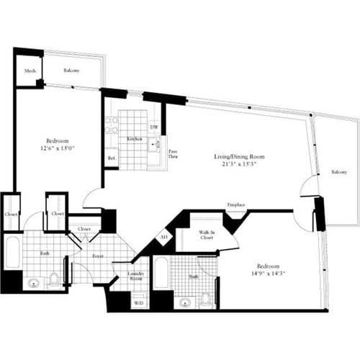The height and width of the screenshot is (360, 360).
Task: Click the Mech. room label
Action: click(x=30, y=71)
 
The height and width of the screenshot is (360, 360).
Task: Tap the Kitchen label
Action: click(x=134, y=138)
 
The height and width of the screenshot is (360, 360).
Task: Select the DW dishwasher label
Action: click(x=153, y=127)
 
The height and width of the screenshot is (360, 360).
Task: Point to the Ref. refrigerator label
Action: click(x=112, y=158)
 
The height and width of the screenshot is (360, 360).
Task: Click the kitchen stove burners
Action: click(x=111, y=127)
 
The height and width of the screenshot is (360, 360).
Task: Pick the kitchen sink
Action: click(x=153, y=145)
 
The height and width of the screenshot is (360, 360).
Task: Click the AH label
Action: click(x=164, y=237)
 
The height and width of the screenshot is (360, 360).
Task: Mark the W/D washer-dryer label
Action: click(x=138, y=303)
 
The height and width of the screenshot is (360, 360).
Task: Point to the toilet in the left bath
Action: click(x=54, y=282)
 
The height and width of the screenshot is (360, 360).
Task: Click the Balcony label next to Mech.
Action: click(x=71, y=71)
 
